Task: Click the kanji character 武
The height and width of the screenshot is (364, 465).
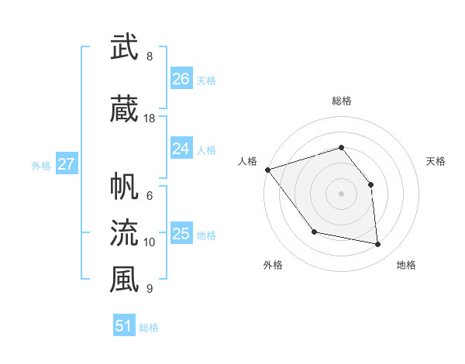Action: coord(124,47)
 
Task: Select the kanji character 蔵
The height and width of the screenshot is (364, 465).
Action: coord(124,109)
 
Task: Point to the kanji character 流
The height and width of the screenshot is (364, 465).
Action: coord(124,232)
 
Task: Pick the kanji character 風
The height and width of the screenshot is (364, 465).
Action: coord(124,280)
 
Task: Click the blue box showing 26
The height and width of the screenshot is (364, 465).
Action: coord(181,79)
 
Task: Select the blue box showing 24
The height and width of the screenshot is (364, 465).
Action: coord(181,149)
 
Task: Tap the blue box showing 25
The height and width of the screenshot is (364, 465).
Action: coord(181,234)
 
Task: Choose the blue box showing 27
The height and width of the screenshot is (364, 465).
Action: coord(66,164)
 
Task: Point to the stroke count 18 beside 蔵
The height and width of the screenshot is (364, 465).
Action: coord(150,118)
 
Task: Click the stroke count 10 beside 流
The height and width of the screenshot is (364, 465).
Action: coord(150,242)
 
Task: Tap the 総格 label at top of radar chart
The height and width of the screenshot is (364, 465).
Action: coord(341,101)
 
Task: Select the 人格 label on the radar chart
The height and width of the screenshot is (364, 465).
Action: coord(248,161)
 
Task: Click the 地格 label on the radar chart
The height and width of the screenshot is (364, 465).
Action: coord(406,265)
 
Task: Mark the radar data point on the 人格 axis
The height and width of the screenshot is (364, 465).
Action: coord(267,170)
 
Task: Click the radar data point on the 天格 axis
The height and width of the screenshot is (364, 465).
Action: coord(370,184)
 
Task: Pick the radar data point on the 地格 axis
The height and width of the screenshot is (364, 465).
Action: coord(377,244)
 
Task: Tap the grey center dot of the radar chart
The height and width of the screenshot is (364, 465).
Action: coord(341,194)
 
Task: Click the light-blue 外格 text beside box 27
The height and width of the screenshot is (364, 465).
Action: coord(41,165)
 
